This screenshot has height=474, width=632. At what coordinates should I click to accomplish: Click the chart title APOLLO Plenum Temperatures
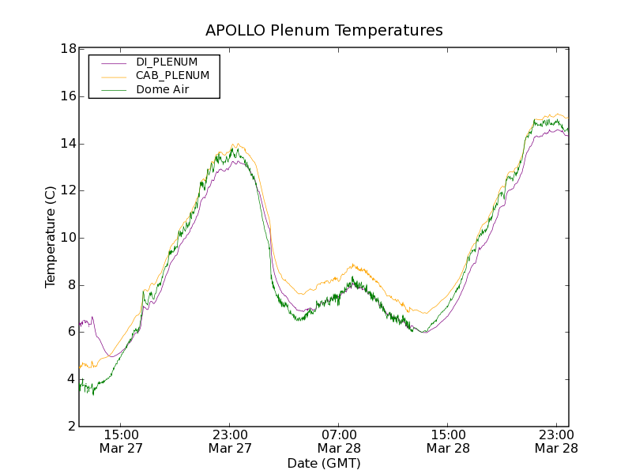(x=324, y=31)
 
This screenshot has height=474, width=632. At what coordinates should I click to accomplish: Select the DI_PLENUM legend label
(x=167, y=62)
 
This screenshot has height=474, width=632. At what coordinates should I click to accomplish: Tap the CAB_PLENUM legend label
(x=172, y=76)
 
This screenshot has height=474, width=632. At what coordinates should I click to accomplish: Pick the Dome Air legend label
(x=162, y=90)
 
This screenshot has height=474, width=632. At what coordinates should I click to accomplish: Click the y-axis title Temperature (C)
(x=51, y=237)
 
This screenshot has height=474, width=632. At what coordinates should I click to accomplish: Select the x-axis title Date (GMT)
(x=324, y=463)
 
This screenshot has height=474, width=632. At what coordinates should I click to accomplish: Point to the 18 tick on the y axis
(x=68, y=49)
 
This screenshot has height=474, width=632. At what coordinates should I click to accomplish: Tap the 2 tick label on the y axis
(x=71, y=427)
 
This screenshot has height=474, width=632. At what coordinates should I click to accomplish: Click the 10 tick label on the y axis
(x=68, y=238)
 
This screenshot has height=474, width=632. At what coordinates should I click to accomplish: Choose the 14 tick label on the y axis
(x=68, y=144)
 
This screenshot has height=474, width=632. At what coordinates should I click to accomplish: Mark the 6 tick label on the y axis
(x=71, y=332)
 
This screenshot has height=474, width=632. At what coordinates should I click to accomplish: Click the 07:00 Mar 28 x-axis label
(x=339, y=441)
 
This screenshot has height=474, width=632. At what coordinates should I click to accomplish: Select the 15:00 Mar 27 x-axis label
(x=121, y=441)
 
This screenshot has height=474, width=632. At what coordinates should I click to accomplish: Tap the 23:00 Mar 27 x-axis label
(x=230, y=441)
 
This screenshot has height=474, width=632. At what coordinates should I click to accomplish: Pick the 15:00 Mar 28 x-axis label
(x=448, y=441)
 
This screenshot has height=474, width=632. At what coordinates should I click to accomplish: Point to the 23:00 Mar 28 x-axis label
(x=557, y=441)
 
